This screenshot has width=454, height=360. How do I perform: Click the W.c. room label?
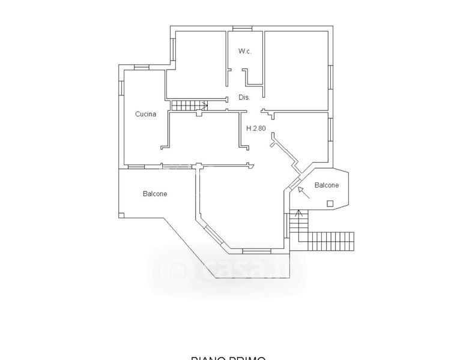tap(244, 52)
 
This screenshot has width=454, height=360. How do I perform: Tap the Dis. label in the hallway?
tap(244, 97)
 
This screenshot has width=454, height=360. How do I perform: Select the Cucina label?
tap(146, 114)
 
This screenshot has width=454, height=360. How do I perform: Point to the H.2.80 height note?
tap(256, 128)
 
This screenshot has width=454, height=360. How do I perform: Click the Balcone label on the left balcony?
tap(155, 194)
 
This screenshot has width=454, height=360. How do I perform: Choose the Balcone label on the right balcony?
tap(327, 185)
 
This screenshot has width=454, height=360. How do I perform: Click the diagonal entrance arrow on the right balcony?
tap(303, 192)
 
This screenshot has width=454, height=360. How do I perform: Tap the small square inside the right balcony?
tap(330, 203)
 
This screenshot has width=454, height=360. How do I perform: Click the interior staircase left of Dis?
tap(189, 106)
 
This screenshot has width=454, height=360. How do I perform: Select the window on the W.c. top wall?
tap(242, 28)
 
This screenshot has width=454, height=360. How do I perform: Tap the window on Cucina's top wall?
tap(142, 68)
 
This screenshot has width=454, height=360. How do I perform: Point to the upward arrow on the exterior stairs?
tap(298, 215)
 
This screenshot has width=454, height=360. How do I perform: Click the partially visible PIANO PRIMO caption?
tap(228, 358)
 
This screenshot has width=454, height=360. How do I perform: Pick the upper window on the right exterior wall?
tap(330, 77)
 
